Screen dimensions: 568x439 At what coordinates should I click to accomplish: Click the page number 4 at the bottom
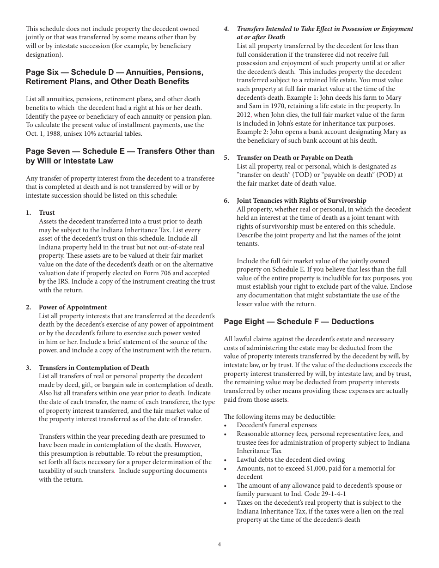pyautogui.click(x=219, y=544)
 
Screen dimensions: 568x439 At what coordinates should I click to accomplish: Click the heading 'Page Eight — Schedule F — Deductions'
pyautogui.click(x=299, y=322)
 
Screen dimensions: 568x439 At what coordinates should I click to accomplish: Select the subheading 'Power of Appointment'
pyautogui.click(x=73, y=308)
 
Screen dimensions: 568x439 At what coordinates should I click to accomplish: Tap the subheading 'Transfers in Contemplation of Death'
pyautogui.click(x=94, y=368)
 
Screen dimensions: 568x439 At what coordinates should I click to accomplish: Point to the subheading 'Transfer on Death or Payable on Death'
pyautogui.click(x=294, y=158)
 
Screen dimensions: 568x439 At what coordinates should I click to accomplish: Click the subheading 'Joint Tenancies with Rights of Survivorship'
pyautogui.click(x=301, y=201)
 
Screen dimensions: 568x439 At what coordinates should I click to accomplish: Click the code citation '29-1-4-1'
pyautogui.click(x=331, y=494)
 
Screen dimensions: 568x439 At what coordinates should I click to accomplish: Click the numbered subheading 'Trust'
pyautogui.click(x=47, y=213)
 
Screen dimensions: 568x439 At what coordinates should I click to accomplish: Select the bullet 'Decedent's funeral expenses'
pyautogui.click(x=276, y=425)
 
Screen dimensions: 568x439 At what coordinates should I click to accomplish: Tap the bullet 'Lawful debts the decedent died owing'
pyautogui.click(x=291, y=460)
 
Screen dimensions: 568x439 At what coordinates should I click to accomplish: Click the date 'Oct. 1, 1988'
pyautogui.click(x=44, y=134)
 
